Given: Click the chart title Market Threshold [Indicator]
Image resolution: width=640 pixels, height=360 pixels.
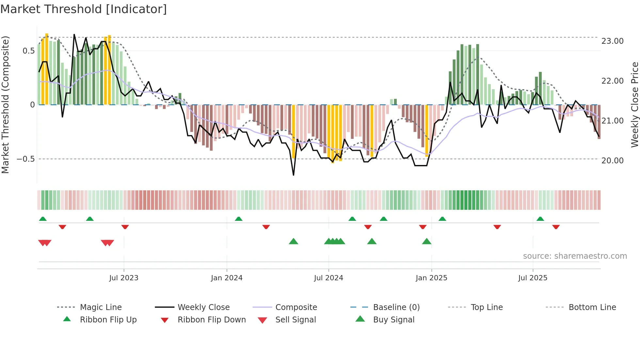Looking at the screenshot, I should click(x=84, y=9).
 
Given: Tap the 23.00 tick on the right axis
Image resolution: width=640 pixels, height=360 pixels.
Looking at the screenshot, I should click(x=612, y=41).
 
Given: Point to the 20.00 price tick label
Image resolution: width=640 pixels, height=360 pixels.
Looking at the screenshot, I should click(x=612, y=161).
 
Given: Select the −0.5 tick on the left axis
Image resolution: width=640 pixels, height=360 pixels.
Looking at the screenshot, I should click(x=26, y=159).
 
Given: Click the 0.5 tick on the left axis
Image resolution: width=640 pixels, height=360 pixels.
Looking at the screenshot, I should click(x=28, y=51).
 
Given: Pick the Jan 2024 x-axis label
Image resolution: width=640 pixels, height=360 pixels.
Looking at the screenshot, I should click(x=227, y=278).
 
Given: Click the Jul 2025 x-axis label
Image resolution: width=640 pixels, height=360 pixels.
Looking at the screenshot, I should click(x=533, y=278).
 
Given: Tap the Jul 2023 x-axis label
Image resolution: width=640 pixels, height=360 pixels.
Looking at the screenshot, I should click(x=124, y=278).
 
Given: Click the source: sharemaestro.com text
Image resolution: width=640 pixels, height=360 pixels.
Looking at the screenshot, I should click(x=575, y=256).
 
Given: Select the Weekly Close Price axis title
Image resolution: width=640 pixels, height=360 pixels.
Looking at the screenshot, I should click(x=634, y=105).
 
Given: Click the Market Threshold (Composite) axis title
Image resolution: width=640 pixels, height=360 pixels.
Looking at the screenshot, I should click(x=5, y=105).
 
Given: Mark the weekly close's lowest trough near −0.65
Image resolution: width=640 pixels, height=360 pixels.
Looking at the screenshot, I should click(x=294, y=175).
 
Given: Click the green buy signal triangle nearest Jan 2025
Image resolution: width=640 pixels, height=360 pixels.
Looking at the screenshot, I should click(x=426, y=241).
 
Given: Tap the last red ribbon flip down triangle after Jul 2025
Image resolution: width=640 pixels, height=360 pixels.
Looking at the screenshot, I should click(x=556, y=227).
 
